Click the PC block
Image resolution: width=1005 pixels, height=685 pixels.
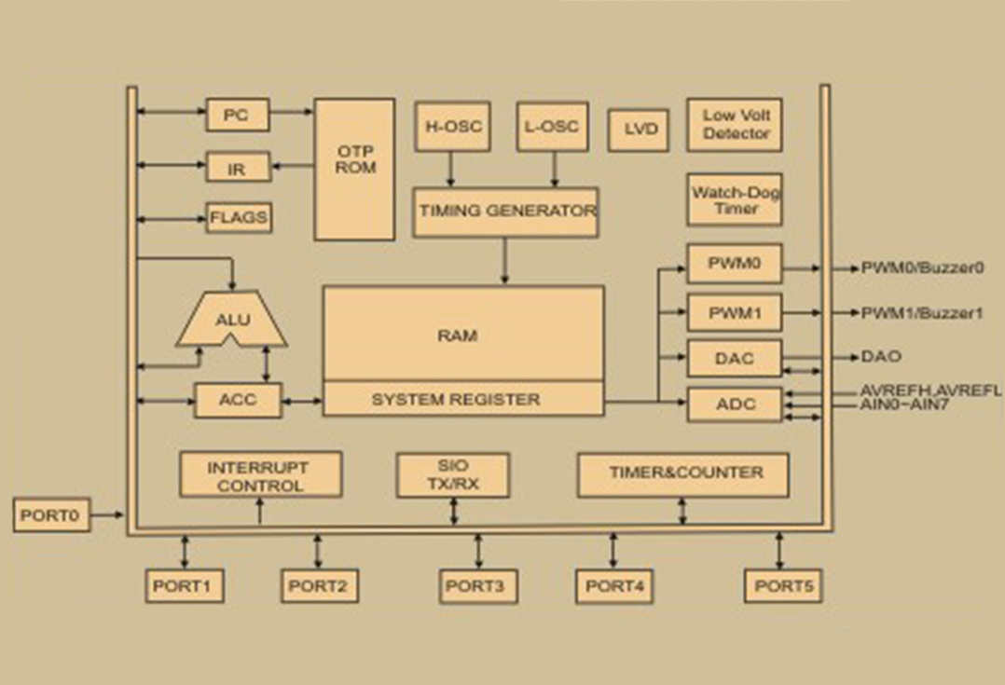click(x=237, y=116)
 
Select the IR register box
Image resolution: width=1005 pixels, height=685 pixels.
click(x=238, y=167)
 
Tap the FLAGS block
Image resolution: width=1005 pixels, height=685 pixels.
click(x=239, y=217)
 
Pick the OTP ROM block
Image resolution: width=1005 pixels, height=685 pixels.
click(x=354, y=170)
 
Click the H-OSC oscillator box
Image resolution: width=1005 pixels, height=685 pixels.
click(x=452, y=126)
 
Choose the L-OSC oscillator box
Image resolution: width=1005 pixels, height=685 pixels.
click(x=553, y=126)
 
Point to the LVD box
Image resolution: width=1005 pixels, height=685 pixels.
click(x=639, y=130)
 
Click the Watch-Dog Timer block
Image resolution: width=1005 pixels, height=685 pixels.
click(x=735, y=199)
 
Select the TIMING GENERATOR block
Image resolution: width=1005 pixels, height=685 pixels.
click(x=505, y=212)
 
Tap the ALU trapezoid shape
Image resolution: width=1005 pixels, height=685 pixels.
click(x=231, y=319)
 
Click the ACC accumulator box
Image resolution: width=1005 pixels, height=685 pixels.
click(x=238, y=401)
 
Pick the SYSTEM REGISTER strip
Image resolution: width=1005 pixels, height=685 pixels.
click(x=462, y=399)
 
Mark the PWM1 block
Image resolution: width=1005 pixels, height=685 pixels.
click(x=735, y=313)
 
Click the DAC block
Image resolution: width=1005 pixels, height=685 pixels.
click(x=735, y=358)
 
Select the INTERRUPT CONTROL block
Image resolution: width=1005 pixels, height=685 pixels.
click(x=260, y=474)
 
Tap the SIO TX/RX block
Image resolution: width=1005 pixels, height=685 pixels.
click(x=453, y=474)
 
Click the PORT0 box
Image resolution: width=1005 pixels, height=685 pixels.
click(x=51, y=515)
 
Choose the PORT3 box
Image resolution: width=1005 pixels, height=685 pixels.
click(x=478, y=585)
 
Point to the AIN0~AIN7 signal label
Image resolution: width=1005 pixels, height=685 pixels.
click(x=903, y=405)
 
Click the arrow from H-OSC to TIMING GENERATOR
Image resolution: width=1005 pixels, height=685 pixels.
click(x=450, y=170)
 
